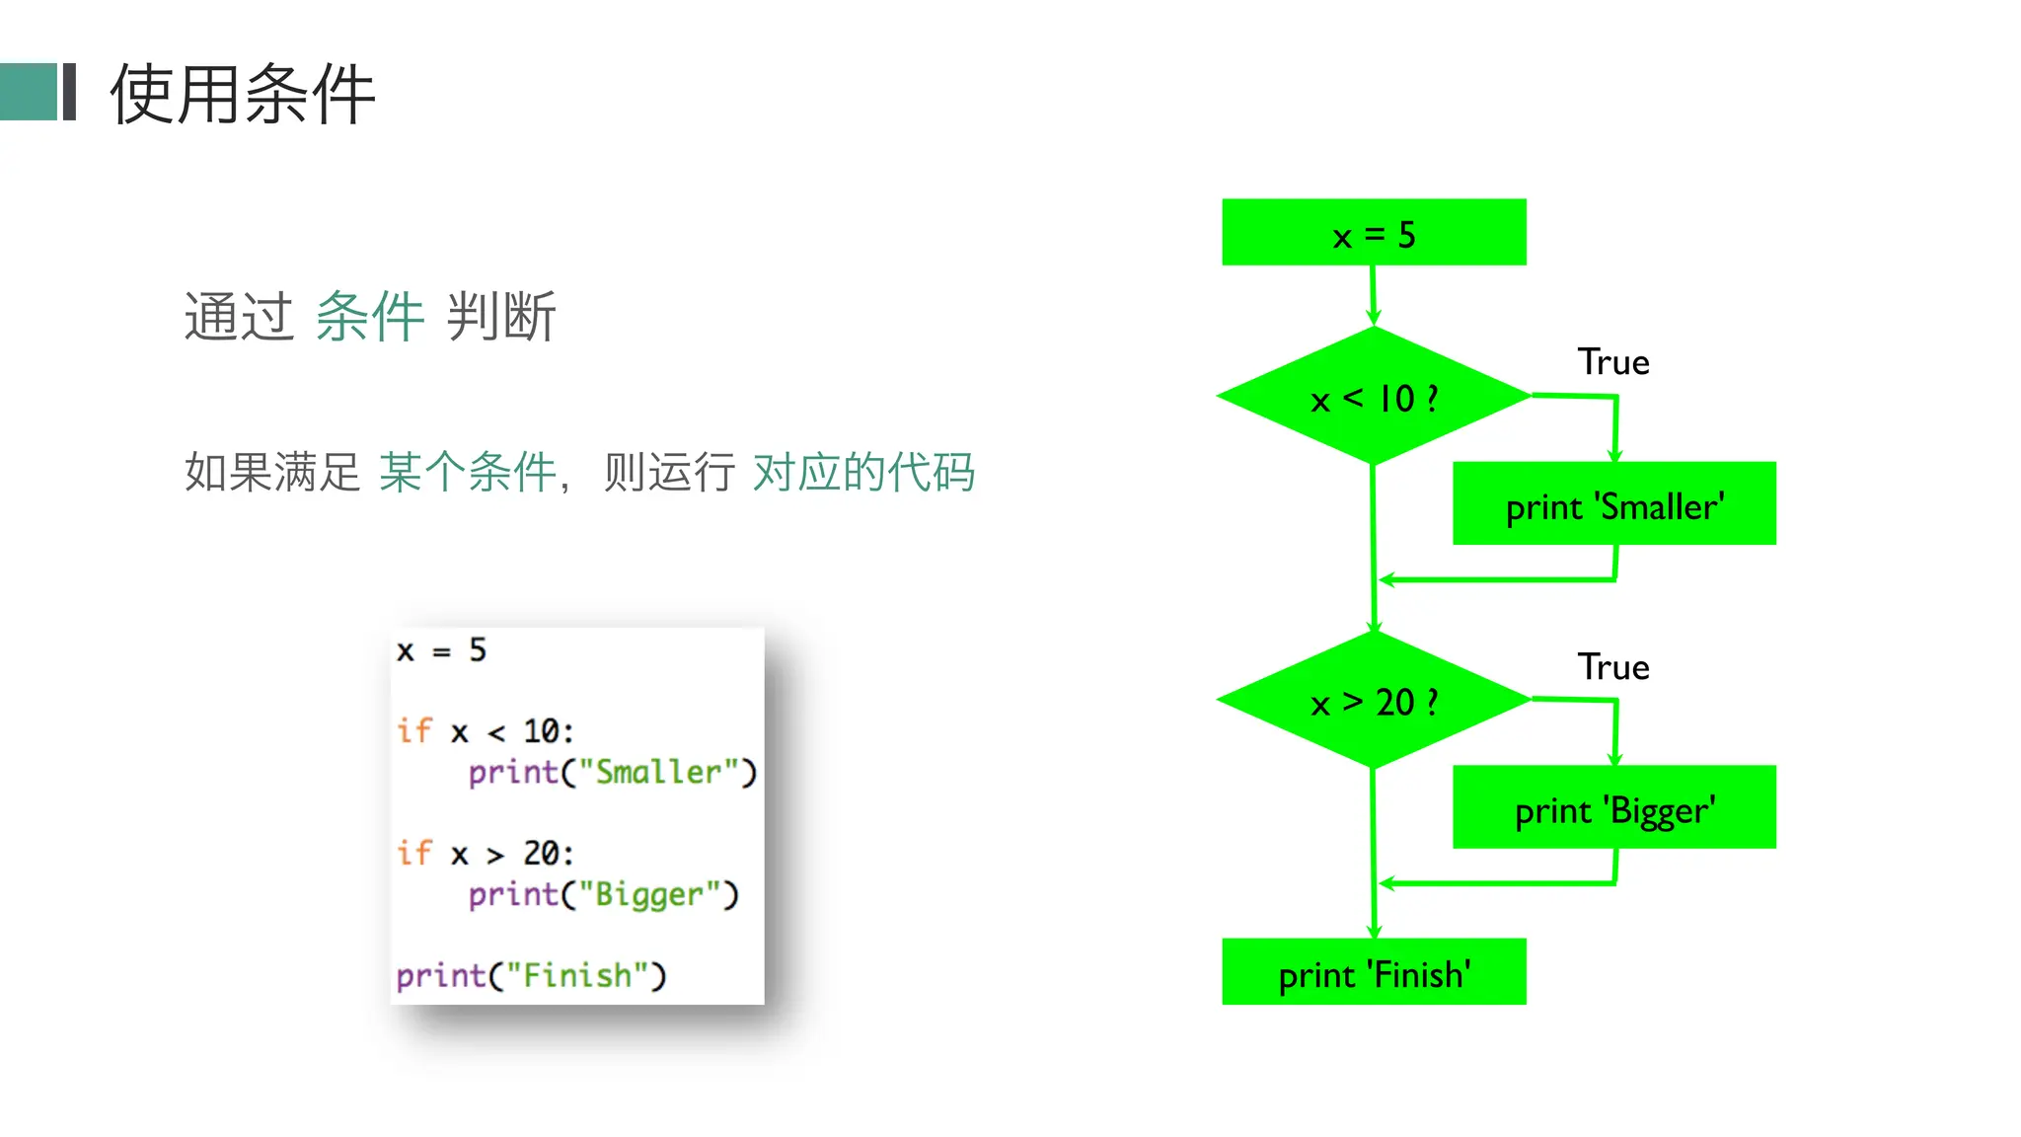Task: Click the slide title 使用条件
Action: (242, 95)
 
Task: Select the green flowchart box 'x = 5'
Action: (1373, 233)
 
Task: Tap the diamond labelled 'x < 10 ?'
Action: (1373, 397)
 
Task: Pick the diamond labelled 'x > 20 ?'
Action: (1373, 701)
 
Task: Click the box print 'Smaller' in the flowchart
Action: (1613, 504)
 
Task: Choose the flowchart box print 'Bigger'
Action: (1613, 808)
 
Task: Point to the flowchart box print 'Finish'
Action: (1373, 973)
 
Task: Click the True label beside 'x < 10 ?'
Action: (1612, 362)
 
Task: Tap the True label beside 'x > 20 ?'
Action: (1612, 667)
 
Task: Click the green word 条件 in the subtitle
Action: (370, 317)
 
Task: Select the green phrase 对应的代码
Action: (863, 472)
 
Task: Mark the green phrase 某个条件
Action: (468, 472)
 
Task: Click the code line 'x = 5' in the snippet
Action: (441, 650)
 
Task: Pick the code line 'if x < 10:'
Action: (485, 731)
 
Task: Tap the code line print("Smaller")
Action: (612, 772)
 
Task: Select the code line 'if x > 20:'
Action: (485, 853)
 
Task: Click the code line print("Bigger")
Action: (603, 894)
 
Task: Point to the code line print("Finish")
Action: (531, 975)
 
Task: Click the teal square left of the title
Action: (29, 92)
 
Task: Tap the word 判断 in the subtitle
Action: (501, 317)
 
